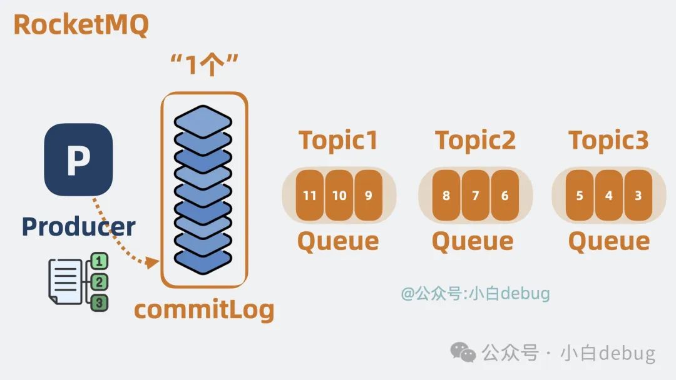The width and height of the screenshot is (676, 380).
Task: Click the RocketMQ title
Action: pyautogui.click(x=81, y=25)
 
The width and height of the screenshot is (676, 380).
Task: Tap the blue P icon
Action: pyautogui.click(x=78, y=159)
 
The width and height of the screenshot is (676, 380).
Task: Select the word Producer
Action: pyautogui.click(x=78, y=226)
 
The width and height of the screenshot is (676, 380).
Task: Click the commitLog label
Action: pyautogui.click(x=204, y=309)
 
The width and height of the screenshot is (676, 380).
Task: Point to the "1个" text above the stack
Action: pyautogui.click(x=204, y=65)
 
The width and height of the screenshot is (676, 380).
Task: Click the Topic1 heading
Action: pyautogui.click(x=338, y=141)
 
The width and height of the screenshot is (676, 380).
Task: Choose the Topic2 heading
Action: pyautogui.click(x=475, y=141)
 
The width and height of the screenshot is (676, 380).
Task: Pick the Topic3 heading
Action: pyautogui.click(x=608, y=141)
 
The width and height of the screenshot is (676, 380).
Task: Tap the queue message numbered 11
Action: pyautogui.click(x=310, y=195)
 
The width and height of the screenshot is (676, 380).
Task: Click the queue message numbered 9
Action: pyautogui.click(x=368, y=195)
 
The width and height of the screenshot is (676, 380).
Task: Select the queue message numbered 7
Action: pyautogui.click(x=475, y=195)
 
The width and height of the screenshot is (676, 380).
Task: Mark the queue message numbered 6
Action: pyautogui.click(x=504, y=195)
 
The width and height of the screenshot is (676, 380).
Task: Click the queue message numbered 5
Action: pyautogui.click(x=580, y=195)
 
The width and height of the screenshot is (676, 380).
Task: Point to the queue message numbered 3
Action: pyautogui.click(x=638, y=195)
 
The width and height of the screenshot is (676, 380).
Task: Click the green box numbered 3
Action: pyautogui.click(x=100, y=303)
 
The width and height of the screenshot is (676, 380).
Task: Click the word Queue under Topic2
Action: pyautogui.click(x=473, y=241)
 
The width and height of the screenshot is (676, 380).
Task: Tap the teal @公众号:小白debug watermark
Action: pyautogui.click(x=475, y=292)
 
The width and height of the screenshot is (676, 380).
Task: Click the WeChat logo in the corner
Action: pyautogui.click(x=464, y=353)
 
